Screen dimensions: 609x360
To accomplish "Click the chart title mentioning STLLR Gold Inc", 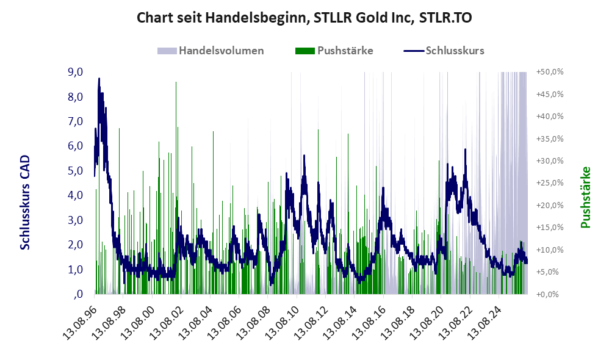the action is coord(304,18).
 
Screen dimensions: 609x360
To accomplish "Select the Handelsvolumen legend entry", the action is coord(211,51).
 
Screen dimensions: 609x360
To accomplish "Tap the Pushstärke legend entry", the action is coord(334,51).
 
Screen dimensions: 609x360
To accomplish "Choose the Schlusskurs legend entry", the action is coord(444,51).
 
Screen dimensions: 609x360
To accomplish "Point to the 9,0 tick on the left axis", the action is coord(75,72).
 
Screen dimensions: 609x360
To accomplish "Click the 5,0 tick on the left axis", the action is coord(75,170).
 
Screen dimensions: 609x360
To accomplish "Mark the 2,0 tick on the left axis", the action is coord(75,245).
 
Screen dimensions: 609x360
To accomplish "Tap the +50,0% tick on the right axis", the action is coord(550,72).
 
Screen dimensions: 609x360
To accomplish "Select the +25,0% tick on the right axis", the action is coord(550,183).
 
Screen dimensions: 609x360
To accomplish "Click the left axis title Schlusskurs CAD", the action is coord(25,203).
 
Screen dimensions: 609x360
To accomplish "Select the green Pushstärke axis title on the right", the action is coord(585,197).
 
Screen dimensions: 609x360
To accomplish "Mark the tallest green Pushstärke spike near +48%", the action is coord(176,82).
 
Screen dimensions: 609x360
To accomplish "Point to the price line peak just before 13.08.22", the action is coord(465,149).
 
